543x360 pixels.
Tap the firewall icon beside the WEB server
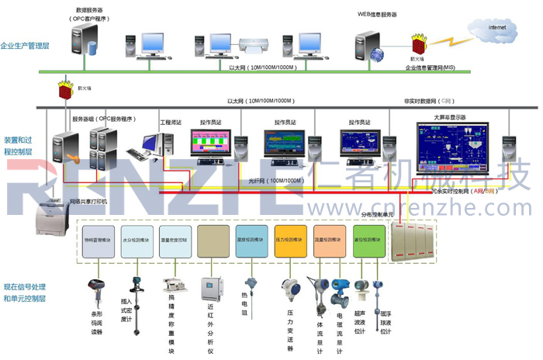pos(420,43)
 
